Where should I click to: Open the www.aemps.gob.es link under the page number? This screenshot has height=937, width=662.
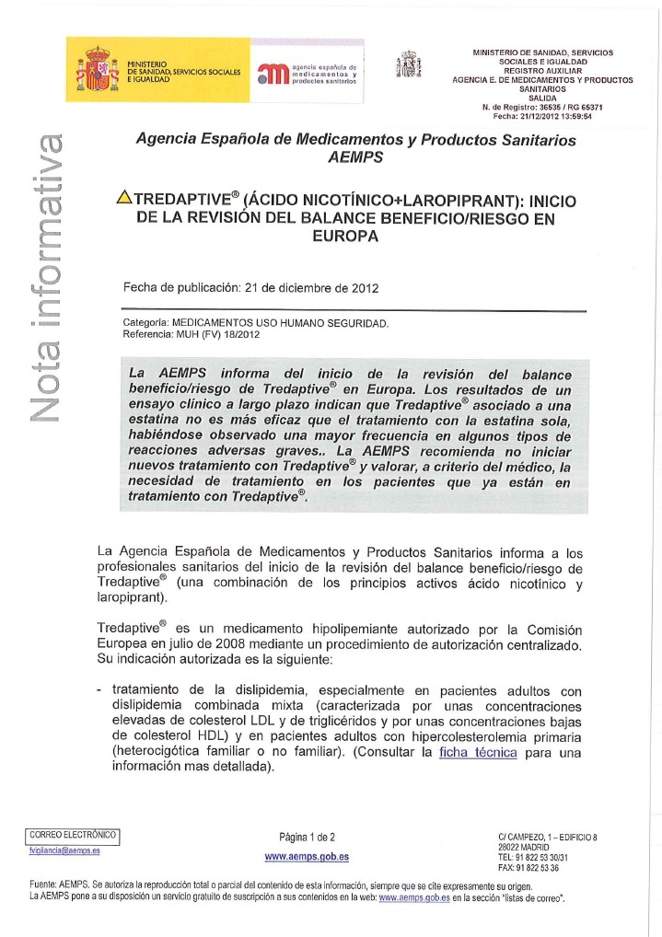pos(307,857)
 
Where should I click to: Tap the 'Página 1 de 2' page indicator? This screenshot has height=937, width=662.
pos(307,837)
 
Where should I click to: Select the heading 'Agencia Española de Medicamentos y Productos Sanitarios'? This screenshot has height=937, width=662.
pos(355,141)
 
